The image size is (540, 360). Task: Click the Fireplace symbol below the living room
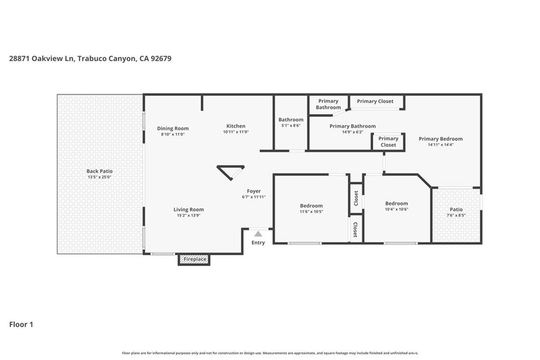[194, 259]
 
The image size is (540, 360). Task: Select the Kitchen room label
[236, 126]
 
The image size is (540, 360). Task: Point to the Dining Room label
[173, 129]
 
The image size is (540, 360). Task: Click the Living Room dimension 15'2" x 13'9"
[189, 216]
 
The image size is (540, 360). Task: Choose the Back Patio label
[100, 171]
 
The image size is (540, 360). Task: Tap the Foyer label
[254, 191]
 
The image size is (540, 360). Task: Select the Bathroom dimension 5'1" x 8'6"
[291, 126]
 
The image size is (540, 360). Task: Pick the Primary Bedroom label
[440, 139]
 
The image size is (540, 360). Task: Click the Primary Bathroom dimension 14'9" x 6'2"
[352, 132]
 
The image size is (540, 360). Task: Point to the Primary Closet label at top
[375, 101]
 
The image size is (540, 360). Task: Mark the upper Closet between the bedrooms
[356, 199]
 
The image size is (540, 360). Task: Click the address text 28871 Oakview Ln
[42, 59]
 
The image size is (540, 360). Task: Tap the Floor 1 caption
[21, 325]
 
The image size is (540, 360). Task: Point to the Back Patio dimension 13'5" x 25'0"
[100, 178]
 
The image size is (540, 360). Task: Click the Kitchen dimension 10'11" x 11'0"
[236, 132]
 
